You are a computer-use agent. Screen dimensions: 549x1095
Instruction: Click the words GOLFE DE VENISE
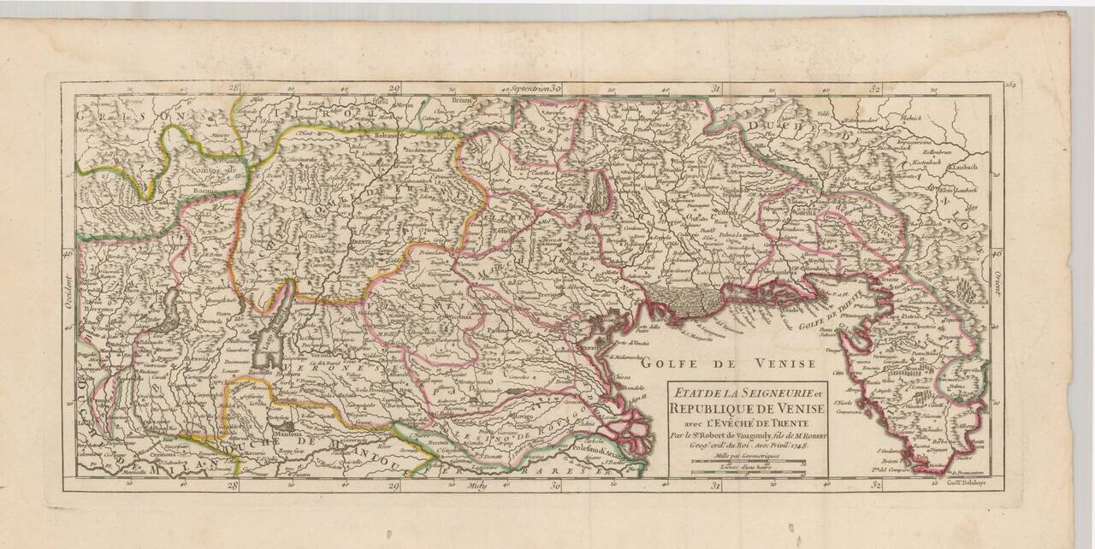coord(727,364)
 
